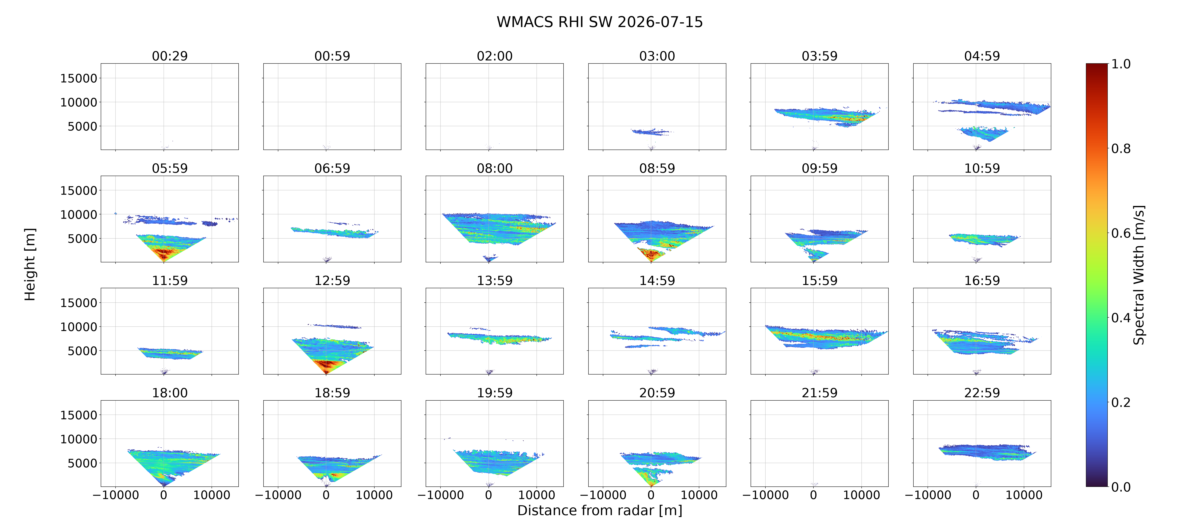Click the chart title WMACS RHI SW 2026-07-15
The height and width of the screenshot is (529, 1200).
point(600,22)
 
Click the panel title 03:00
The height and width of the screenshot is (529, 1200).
point(657,56)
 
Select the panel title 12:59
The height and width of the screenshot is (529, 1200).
point(332,280)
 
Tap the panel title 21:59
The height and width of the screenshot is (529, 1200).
point(819,393)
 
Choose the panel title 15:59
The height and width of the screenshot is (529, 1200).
point(819,280)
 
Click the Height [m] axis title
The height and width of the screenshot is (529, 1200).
point(30,264)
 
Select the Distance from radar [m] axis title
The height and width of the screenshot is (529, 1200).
point(600,510)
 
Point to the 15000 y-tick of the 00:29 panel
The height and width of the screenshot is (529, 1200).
point(79,78)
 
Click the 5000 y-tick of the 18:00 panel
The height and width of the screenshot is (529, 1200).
point(82,463)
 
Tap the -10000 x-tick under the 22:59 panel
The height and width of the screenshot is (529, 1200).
point(928,495)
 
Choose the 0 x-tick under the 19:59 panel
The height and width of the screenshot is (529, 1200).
point(489,495)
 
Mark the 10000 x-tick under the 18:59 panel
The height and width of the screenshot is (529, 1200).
point(374,495)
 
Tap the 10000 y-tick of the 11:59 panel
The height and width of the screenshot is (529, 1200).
point(79,327)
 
